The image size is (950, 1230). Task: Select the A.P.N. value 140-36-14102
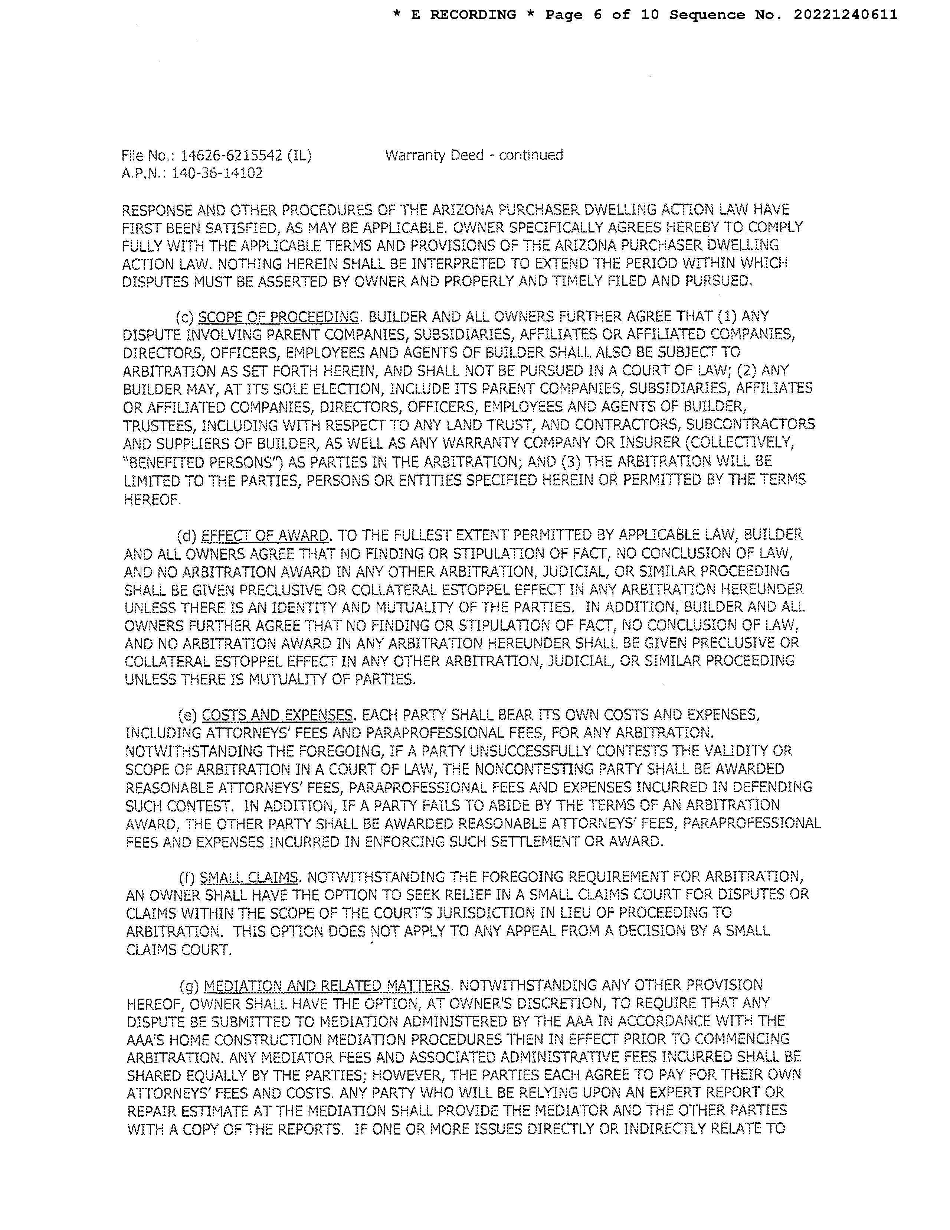pos(217,173)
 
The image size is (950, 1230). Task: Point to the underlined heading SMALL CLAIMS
pos(249,878)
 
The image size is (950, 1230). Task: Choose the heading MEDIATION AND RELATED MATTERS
pos(327,986)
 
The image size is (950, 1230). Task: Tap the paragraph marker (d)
pos(187,535)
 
